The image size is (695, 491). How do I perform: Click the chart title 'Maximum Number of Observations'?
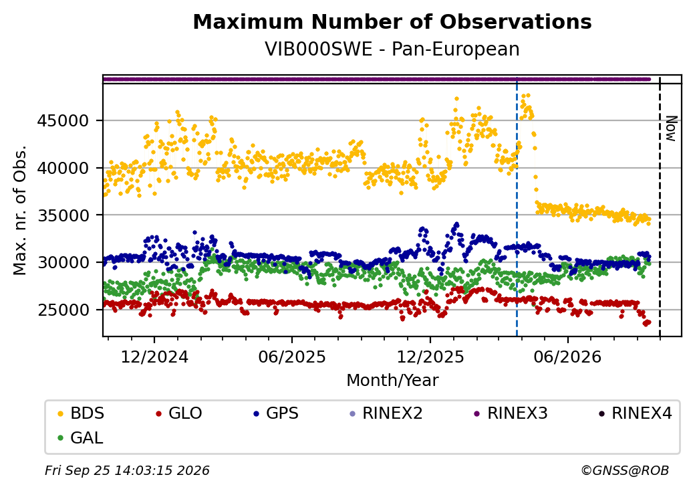pos(392,21)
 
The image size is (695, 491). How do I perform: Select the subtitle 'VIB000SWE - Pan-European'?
pos(392,50)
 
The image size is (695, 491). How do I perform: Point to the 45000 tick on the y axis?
pos(63,120)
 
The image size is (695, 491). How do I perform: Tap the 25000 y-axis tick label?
pos(63,310)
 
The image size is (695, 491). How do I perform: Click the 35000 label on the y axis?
pos(63,215)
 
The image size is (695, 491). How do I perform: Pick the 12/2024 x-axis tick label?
pos(154,357)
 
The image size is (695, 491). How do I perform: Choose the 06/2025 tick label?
pos(292,357)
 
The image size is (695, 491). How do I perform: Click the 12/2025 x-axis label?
pos(430,357)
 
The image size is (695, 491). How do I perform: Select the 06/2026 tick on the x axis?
pos(568,357)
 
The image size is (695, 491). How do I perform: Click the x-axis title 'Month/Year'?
pos(392,381)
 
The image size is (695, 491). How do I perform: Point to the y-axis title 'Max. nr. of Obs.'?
pos(20,210)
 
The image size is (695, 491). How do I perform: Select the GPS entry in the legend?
pos(276,413)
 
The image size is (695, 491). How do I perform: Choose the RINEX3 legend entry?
pos(511,413)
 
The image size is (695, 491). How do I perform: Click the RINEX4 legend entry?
pos(635,413)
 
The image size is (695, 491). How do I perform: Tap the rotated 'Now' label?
pos(672,128)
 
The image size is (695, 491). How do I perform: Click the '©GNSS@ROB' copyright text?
pos(625,470)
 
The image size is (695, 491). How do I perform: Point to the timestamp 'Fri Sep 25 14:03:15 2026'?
pos(127,470)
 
